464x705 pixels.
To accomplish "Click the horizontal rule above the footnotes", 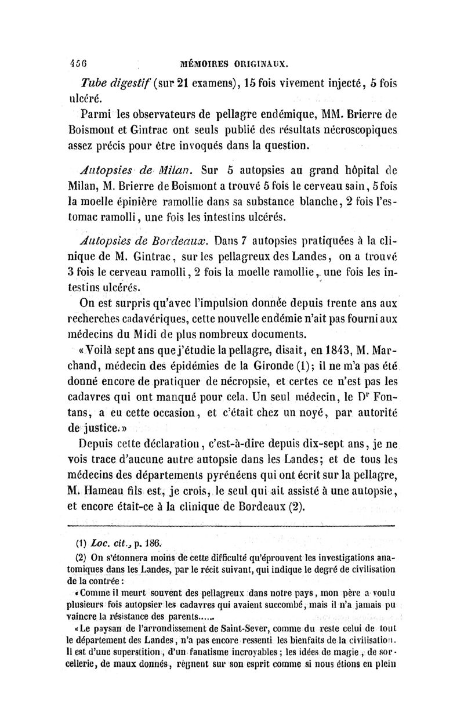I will [232, 526].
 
